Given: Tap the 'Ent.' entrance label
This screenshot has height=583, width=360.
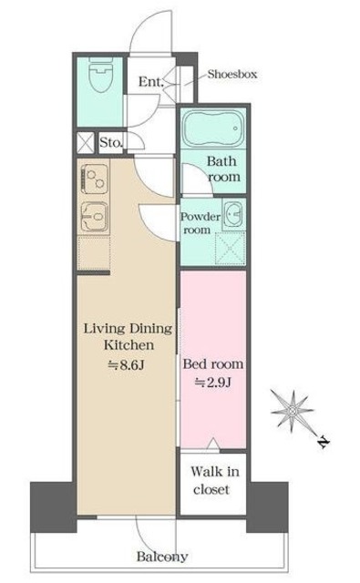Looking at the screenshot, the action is coord(150,81).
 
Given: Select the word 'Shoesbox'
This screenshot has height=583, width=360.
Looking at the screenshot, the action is coord(232,74).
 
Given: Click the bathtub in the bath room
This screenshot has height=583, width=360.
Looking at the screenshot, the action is coord(213,128).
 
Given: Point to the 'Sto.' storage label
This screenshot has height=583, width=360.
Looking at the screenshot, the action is coord(111,142).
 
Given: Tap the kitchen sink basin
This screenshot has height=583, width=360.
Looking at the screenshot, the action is coord(94,217).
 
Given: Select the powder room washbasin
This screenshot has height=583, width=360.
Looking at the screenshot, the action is coord(233,215).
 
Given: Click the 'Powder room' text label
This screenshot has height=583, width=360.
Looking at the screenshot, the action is coord(201,223).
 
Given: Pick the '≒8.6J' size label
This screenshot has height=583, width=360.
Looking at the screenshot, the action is coord(126,365).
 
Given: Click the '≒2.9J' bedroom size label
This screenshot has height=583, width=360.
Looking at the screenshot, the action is coord(213,383).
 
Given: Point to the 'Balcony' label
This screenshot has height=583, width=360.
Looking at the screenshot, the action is coord(162,557).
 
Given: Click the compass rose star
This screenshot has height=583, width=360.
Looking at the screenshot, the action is coord(293,411).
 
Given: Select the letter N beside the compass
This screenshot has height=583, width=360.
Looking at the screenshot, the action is coord(324,442).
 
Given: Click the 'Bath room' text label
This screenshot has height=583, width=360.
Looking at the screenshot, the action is coord(223,169).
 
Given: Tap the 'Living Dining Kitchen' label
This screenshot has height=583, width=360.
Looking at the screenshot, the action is coord(129,337).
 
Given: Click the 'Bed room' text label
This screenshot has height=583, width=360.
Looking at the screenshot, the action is coord(213,363).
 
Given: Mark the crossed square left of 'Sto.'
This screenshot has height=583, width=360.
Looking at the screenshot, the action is coord(86,143).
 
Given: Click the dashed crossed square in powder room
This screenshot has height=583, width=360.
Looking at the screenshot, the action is coord(231,249).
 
